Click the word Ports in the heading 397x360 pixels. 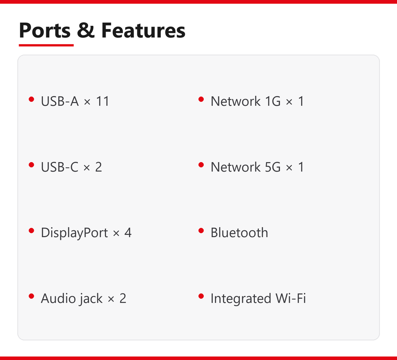click(x=44, y=31)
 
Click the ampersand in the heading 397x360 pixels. click(x=86, y=30)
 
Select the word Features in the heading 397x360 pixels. click(x=143, y=30)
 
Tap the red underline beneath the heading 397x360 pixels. click(x=46, y=45)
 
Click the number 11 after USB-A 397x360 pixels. click(x=102, y=101)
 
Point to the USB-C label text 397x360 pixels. click(x=60, y=167)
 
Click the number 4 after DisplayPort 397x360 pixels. click(x=128, y=233)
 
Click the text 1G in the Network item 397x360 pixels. click(x=273, y=101)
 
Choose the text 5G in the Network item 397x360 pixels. click(x=273, y=167)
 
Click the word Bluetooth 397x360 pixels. click(x=239, y=232)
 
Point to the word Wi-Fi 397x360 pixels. click(x=291, y=298)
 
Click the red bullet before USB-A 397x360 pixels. click(x=31, y=99)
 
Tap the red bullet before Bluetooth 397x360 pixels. click(x=201, y=230)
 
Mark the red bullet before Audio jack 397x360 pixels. click(x=31, y=296)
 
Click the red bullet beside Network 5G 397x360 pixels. click(x=201, y=165)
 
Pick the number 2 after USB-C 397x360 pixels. click(x=98, y=167)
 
